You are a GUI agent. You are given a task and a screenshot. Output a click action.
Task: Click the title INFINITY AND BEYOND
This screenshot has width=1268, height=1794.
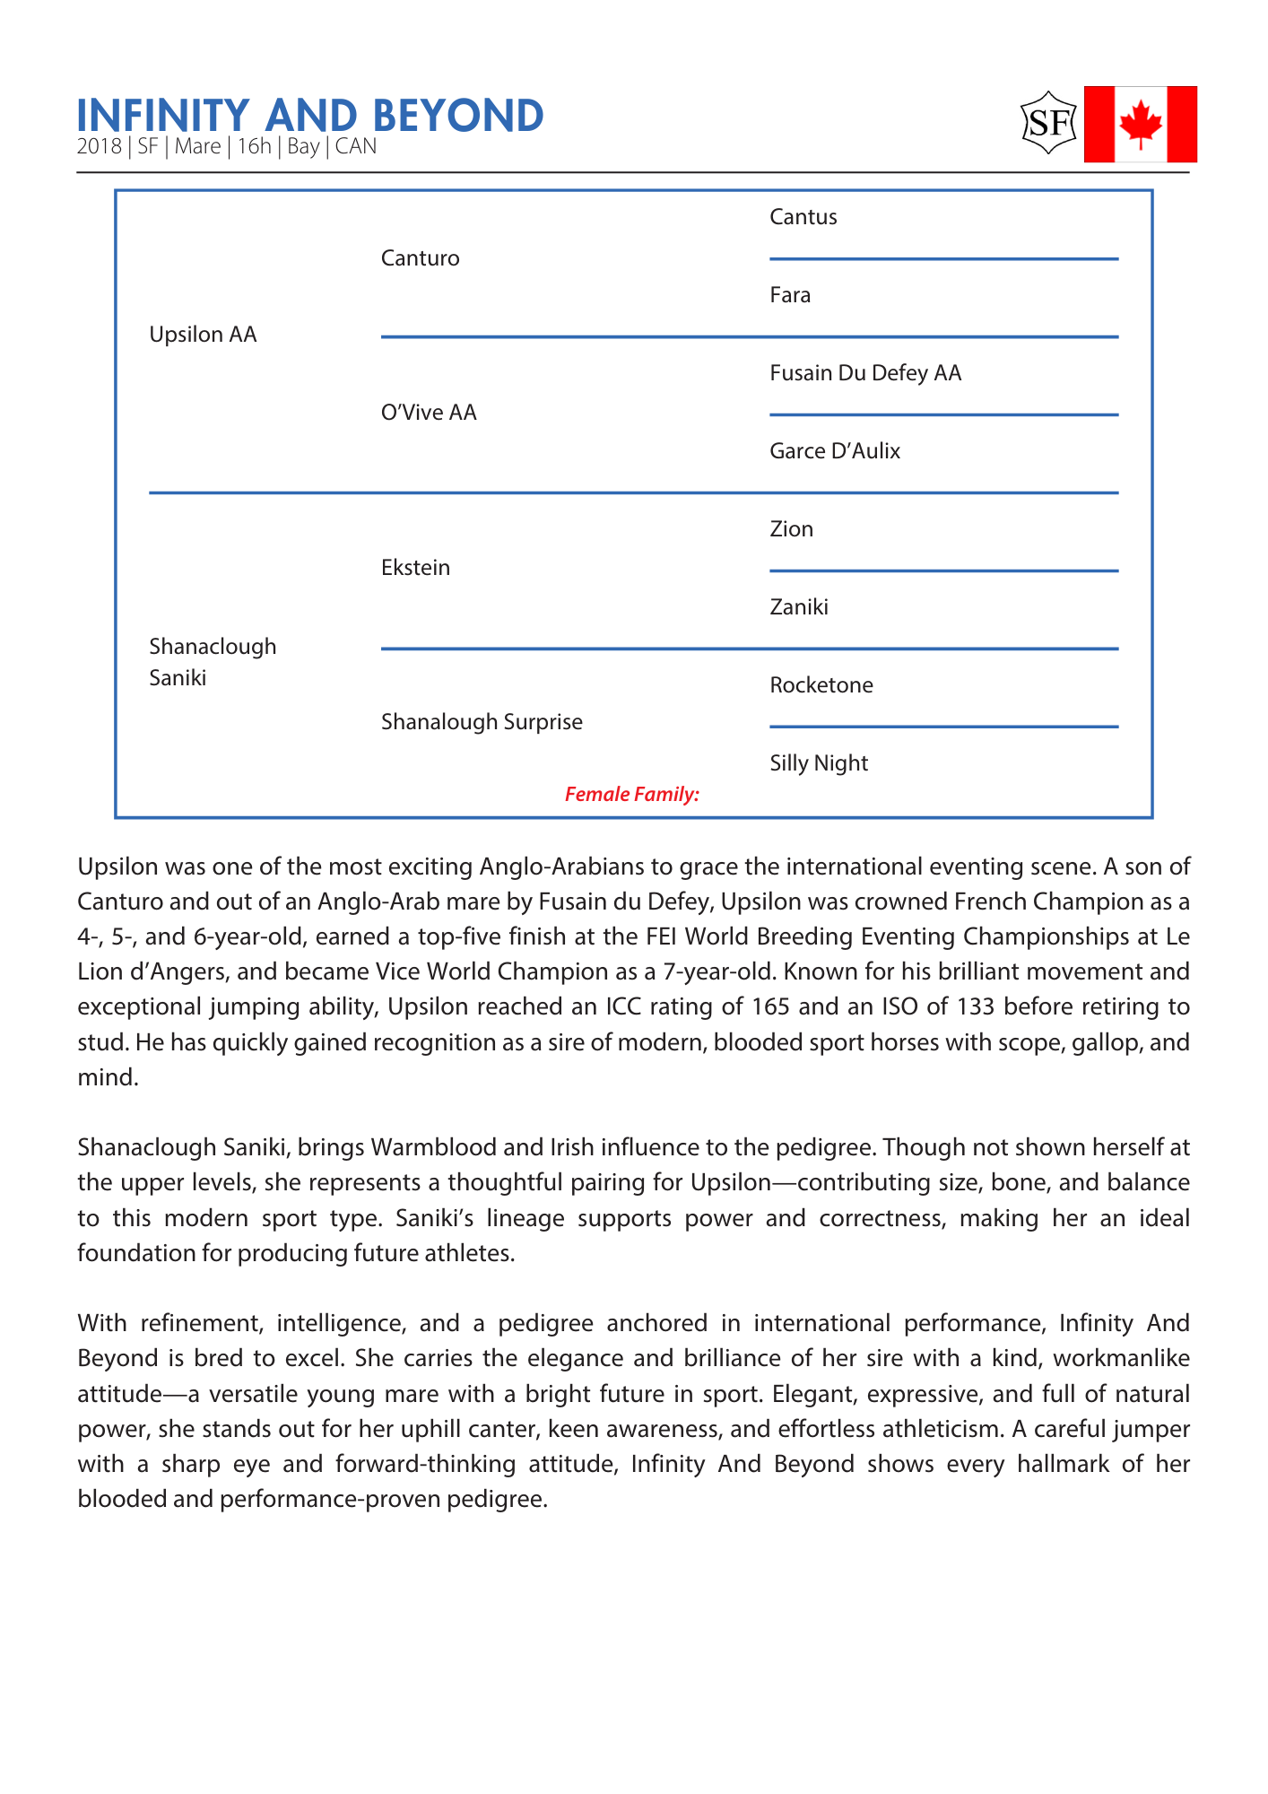point(310,116)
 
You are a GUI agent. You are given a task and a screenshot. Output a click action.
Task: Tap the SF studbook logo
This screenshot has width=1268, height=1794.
point(1048,122)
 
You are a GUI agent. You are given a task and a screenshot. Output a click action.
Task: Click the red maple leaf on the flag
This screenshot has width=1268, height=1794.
point(1141,124)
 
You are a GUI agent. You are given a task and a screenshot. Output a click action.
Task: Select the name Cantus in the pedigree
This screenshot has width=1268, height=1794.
point(803,217)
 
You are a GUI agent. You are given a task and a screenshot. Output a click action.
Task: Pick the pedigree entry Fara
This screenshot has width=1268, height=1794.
point(790,295)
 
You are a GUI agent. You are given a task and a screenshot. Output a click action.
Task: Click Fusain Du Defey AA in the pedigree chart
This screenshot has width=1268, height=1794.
point(865,373)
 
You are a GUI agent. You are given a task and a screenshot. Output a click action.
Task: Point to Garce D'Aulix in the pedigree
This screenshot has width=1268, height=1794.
point(835,451)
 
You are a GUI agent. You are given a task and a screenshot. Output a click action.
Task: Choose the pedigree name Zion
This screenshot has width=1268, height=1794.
point(792,529)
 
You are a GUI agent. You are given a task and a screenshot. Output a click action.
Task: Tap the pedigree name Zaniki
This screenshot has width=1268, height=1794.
point(799,607)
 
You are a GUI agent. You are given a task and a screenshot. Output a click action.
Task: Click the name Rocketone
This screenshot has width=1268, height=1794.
point(821,685)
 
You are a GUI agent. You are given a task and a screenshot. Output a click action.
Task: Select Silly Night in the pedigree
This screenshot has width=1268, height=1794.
point(819,763)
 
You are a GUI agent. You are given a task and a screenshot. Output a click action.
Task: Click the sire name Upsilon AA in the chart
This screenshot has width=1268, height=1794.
point(203,335)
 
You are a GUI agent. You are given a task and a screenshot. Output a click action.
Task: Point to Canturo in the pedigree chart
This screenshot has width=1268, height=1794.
point(421,258)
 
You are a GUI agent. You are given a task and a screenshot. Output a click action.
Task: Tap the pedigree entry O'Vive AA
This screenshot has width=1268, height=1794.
point(429,413)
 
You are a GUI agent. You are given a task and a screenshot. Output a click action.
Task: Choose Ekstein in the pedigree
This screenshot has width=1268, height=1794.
point(415,568)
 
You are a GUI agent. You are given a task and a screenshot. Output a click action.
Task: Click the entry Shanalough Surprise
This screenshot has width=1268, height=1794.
point(482,722)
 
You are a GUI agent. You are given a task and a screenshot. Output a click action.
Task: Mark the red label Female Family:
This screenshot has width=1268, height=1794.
point(632,794)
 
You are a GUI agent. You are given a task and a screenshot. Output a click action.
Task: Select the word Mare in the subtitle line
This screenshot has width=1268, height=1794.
point(197,146)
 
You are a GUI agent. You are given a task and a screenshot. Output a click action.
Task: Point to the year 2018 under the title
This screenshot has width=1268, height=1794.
point(99,146)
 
